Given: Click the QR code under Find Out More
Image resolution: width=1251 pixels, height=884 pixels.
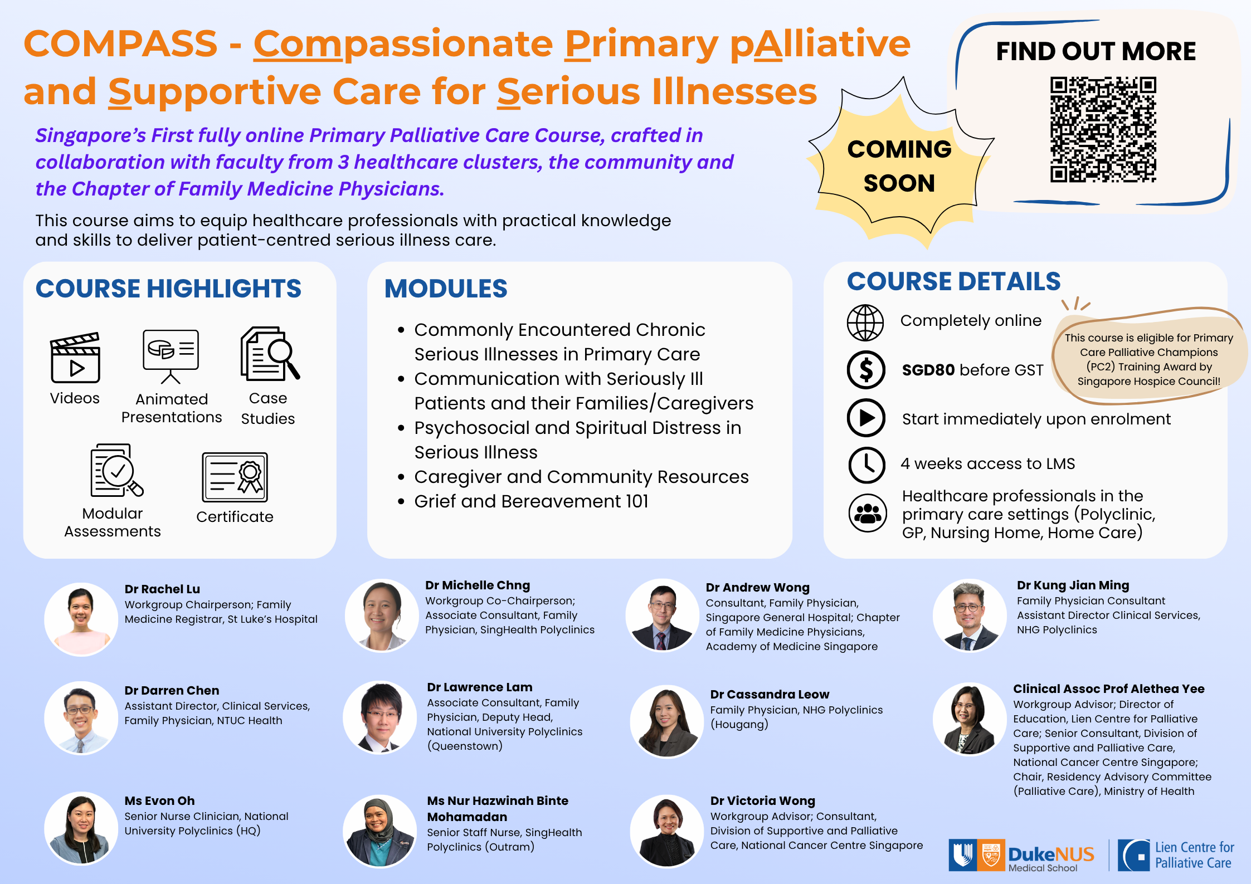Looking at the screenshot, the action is click(x=1103, y=130).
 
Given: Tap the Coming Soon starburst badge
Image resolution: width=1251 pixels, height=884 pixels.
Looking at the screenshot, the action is click(x=899, y=165).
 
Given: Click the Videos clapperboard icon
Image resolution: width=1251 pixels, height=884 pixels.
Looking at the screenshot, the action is click(x=75, y=358).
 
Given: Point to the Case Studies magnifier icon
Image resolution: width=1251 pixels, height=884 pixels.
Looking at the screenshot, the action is click(x=270, y=354).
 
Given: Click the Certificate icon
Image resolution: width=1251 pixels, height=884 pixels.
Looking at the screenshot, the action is click(x=235, y=477).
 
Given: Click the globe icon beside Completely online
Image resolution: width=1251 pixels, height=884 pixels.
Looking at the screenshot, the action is click(x=865, y=323).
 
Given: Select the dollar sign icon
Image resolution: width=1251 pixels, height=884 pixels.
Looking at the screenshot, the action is click(x=866, y=370).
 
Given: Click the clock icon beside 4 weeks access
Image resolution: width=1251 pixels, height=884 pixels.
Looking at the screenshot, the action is click(x=867, y=465).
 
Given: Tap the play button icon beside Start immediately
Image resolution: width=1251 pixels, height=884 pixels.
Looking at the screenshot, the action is click(x=866, y=418).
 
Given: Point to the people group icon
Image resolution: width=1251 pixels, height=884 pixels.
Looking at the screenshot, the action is click(x=868, y=513).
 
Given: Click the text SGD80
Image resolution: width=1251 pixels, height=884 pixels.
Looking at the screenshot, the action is click(x=928, y=370).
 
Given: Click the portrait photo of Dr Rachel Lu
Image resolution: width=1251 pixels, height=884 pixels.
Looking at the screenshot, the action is click(x=81, y=619).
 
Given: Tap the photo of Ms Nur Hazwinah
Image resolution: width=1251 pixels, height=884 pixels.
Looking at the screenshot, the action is click(x=380, y=831).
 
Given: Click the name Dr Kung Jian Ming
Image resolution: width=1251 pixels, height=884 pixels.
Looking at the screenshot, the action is click(x=1073, y=585).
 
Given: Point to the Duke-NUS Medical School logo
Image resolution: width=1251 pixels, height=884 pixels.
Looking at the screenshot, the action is click(x=1021, y=855).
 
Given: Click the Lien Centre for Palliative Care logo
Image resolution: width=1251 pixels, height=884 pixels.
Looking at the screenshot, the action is click(x=1176, y=855).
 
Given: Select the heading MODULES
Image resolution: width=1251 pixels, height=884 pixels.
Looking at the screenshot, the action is click(x=446, y=289).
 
